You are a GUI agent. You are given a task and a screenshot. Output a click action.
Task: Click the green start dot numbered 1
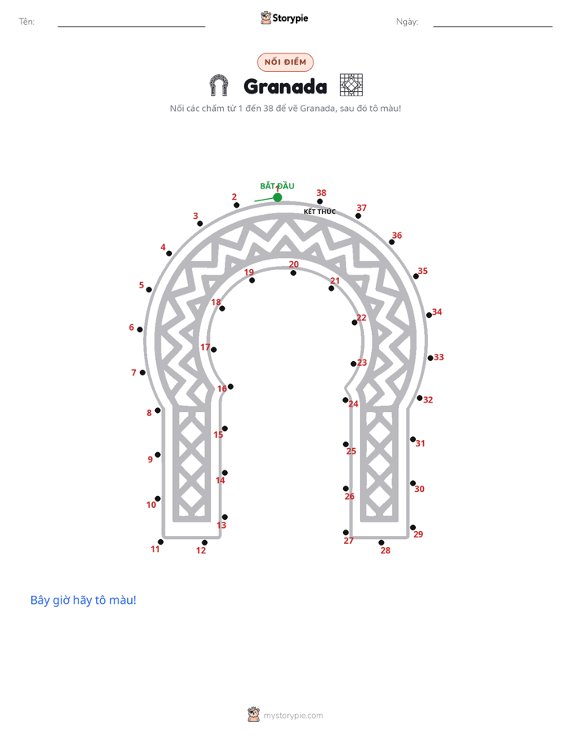pos(278,197)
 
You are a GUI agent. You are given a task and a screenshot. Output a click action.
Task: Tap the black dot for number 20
pos(293,273)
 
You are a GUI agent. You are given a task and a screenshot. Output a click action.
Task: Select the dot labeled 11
pos(161,542)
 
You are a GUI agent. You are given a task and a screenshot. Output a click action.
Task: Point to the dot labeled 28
pos(381,542)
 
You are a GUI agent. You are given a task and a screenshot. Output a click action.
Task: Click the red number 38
pos(321,192)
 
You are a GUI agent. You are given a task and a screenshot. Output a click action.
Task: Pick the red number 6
pos(131,327)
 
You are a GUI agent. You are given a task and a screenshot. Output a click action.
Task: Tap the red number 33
pos(438,357)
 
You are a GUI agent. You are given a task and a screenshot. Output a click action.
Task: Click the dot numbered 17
pos(214,350)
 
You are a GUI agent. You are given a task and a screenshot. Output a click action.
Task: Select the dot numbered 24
pos(345,400)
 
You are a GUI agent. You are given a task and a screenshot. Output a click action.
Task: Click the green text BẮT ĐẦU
pos(277,186)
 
